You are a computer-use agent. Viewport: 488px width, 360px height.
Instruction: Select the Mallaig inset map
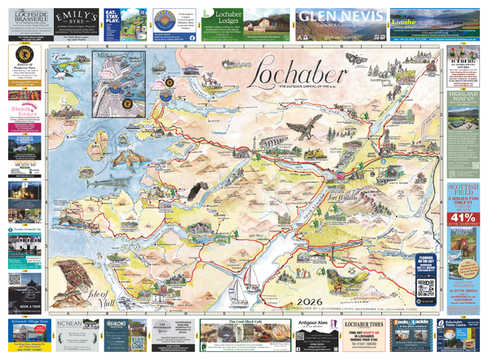click(x=119, y=78)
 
